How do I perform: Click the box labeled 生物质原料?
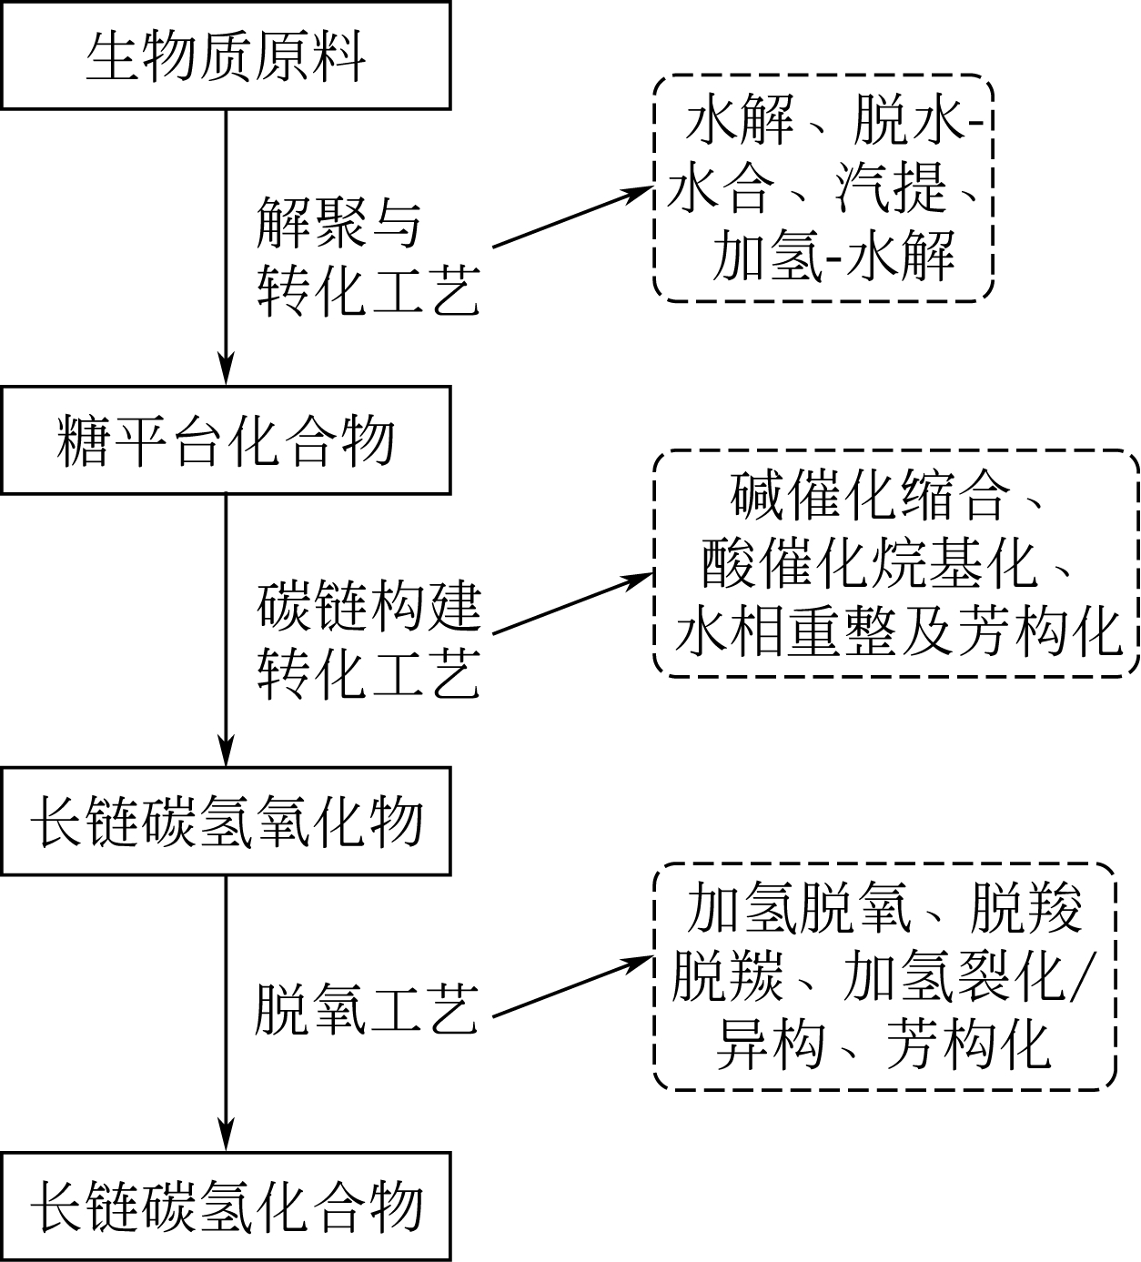click(x=226, y=56)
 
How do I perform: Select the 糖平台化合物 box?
click(x=226, y=441)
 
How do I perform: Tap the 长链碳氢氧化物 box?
click(x=226, y=822)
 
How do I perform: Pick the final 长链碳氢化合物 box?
click(x=226, y=1206)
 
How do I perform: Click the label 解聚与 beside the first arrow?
click(x=338, y=223)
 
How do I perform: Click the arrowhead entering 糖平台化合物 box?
click(x=226, y=371)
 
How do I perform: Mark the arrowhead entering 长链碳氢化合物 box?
click(x=226, y=1136)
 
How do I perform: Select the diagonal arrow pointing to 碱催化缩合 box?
click(x=573, y=602)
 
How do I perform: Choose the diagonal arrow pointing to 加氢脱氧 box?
click(x=573, y=986)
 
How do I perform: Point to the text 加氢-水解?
click(x=833, y=256)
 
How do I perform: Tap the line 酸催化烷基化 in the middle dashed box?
click(x=869, y=564)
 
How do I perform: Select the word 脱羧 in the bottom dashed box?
click(x=1026, y=908)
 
